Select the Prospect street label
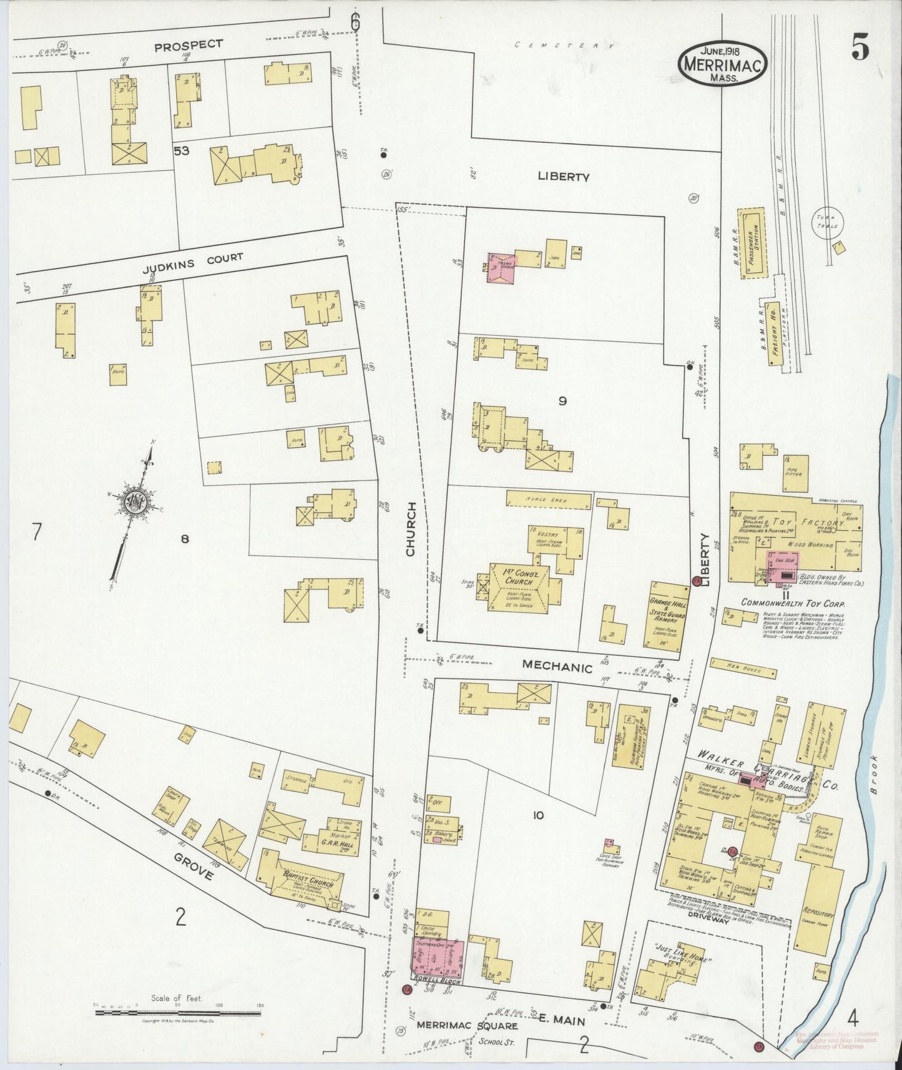pyautogui.click(x=188, y=44)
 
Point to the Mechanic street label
pyautogui.click(x=557, y=667)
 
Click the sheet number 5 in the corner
pyautogui.click(x=860, y=50)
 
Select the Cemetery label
pyautogui.click(x=565, y=46)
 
